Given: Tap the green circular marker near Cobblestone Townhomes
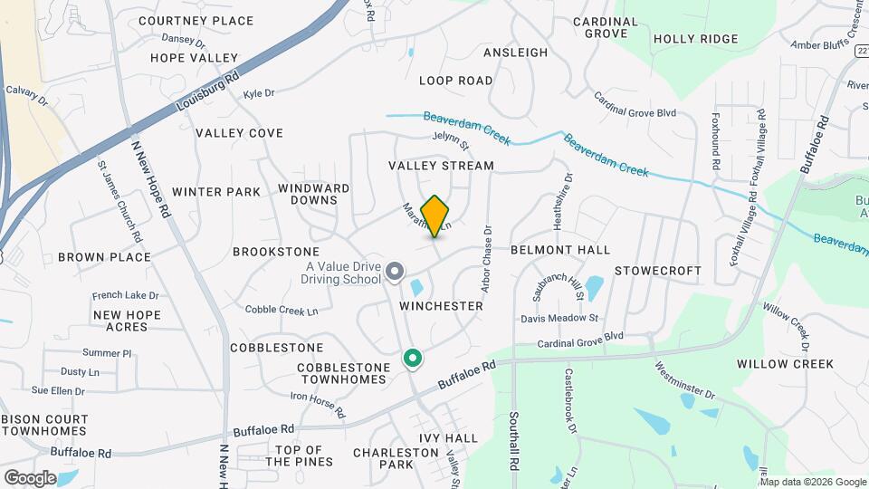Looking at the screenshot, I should point(413,360).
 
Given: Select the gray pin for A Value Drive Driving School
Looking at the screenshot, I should point(395,271).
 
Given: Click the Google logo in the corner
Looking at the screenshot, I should point(30,477).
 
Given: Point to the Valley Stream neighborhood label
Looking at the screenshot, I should point(442,166).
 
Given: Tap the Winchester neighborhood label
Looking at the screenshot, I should point(442,306).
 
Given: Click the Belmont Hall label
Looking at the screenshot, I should point(560,250).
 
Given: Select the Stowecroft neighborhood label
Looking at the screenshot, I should point(658,271).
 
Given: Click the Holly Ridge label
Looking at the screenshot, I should point(695,39).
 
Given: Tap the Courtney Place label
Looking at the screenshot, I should point(196,21).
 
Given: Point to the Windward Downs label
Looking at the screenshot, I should point(314,194).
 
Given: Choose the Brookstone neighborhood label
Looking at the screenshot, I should point(276,251).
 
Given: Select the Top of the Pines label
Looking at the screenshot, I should point(299,455).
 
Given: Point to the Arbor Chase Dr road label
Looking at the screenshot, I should point(485,259).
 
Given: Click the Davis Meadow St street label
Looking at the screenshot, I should point(560,319).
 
